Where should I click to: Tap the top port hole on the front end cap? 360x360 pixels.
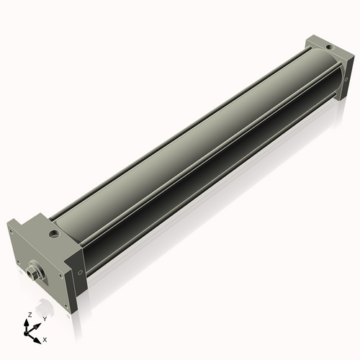[x=54, y=234]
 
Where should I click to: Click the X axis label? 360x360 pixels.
[x=45, y=338]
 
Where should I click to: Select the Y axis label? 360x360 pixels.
[x=44, y=318]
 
